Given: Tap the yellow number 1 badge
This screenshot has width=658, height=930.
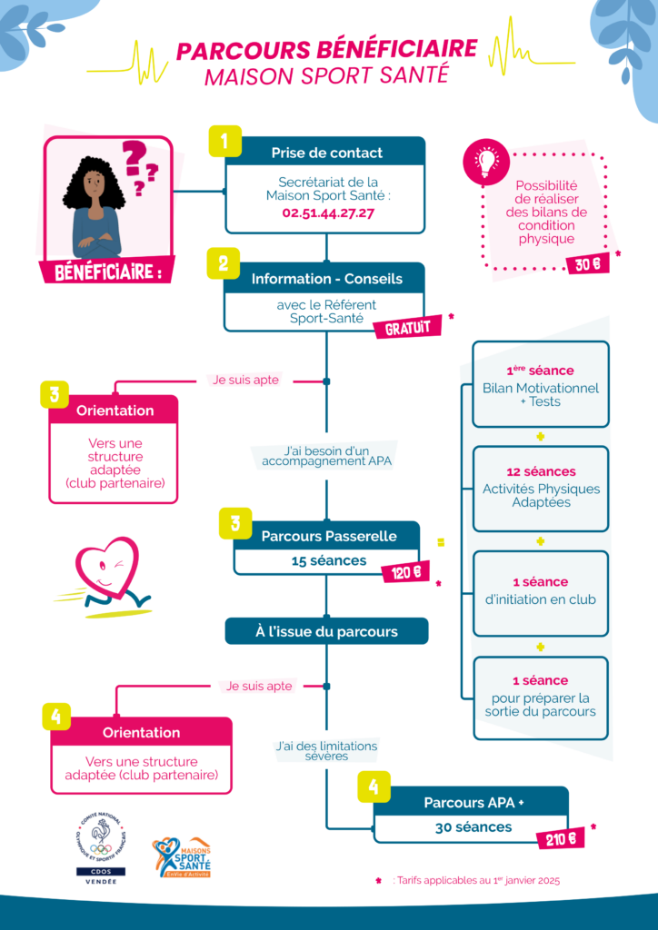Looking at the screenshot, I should coord(224,142).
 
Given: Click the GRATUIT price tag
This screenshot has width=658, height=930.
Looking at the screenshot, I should coord(407,327).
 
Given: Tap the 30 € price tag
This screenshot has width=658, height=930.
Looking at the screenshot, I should coord(587,265).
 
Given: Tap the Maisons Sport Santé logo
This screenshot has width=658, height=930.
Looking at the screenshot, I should coord(182,856).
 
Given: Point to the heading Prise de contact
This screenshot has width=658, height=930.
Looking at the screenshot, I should coord(326,153).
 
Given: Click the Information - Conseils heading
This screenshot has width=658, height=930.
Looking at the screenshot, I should coord(326,279).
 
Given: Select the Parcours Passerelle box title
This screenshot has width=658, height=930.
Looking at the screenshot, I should coord(328,536).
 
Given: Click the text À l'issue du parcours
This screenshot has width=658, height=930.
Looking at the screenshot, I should coord(326,631).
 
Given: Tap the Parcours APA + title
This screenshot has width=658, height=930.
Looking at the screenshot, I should coord(474,802).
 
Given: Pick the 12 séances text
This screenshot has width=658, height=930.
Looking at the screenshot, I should coord(541,472).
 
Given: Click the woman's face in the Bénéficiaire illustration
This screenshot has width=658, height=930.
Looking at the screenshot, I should coord(94,187).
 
